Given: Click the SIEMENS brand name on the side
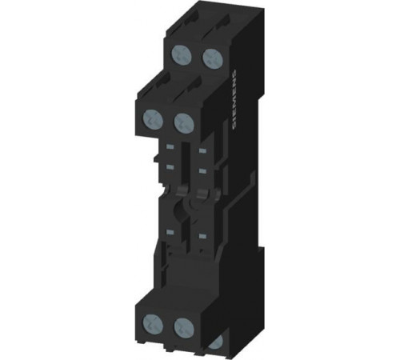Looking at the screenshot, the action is (x=234, y=99).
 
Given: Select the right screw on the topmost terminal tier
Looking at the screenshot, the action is (x=213, y=58).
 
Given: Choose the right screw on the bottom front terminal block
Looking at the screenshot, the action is (x=184, y=327).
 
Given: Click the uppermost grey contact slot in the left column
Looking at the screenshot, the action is (x=170, y=146).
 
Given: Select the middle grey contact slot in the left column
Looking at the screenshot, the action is (x=170, y=167).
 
